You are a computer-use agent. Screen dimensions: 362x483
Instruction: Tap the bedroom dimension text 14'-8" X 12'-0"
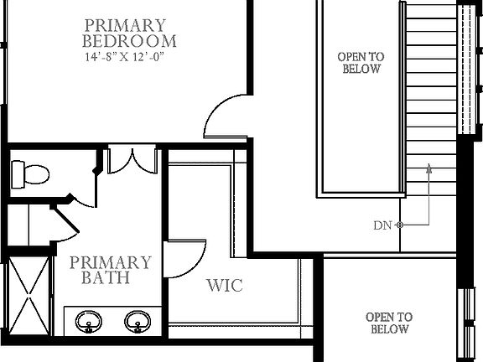coord(130,58)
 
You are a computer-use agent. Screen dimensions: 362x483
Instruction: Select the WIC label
coord(225,286)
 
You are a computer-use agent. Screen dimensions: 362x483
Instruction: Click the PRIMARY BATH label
coord(110,270)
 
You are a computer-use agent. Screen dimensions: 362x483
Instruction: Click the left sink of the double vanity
coord(88,321)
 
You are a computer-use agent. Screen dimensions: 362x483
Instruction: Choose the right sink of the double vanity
coord(138,321)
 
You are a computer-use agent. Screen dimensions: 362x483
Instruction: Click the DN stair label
coord(382,225)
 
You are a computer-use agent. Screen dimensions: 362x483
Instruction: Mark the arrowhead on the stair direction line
coord(428,166)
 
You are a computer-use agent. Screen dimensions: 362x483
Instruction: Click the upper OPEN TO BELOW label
coord(361,63)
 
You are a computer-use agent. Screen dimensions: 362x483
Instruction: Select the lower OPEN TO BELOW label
coord(388,323)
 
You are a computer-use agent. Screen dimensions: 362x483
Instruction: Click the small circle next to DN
coord(400,225)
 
